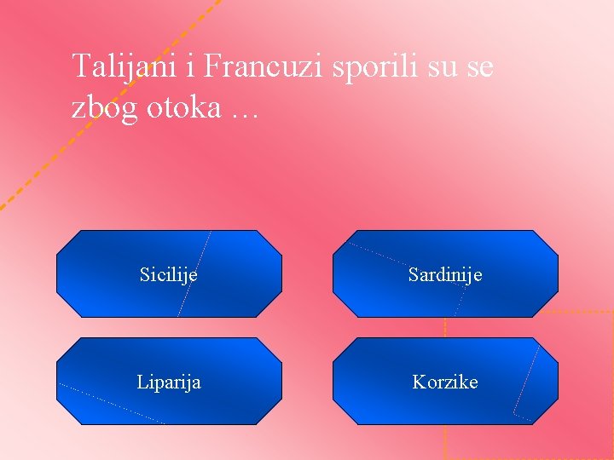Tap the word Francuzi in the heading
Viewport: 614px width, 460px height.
(247, 66)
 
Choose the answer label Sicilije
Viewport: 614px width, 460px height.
(169, 274)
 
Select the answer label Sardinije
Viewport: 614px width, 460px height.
(445, 274)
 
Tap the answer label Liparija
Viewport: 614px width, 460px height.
(169, 382)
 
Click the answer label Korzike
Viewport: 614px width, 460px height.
(445, 382)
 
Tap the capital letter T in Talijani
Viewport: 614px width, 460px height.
(79, 66)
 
